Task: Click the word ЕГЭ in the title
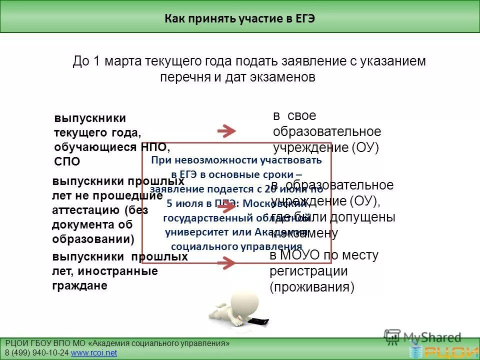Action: point(304,19)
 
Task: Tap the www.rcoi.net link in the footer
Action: point(94,353)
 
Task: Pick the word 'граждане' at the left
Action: point(79,285)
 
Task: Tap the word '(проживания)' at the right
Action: point(312,287)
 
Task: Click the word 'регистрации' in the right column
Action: point(308,271)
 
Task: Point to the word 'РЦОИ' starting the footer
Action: point(16,343)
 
